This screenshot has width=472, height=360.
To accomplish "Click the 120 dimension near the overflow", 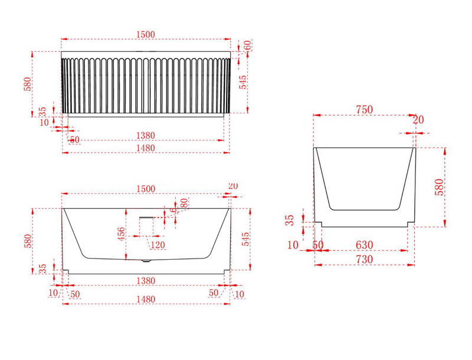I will (x=158, y=245).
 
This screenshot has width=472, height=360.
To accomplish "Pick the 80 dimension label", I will (x=184, y=203).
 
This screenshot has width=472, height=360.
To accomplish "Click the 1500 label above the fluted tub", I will (x=146, y=34).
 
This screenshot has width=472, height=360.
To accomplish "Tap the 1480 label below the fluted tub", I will (x=146, y=148).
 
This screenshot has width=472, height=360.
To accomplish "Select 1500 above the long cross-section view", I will (x=146, y=188).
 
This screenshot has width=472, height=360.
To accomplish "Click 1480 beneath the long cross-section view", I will (x=146, y=299).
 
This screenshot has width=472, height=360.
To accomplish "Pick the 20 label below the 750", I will (x=418, y=120).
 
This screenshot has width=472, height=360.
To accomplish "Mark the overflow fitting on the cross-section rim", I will (x=146, y=218).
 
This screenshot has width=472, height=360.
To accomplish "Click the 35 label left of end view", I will (x=289, y=221).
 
